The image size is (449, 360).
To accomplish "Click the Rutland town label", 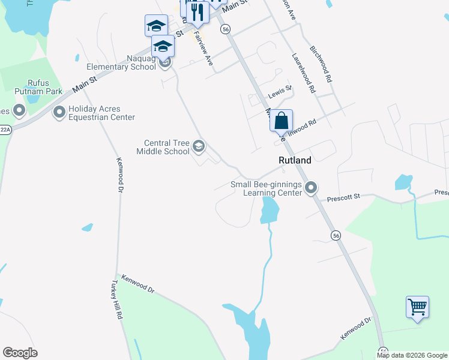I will [295, 160].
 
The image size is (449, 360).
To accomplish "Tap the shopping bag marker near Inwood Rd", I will [281, 121].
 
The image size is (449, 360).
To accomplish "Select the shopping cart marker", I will [417, 308].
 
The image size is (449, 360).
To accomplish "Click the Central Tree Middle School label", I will [166, 147].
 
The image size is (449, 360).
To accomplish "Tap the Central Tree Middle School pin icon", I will [198, 146].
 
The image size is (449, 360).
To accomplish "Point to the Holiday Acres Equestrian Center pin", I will [59, 112].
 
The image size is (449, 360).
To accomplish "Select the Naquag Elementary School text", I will [122, 62].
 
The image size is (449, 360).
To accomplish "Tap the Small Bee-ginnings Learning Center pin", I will [311, 188].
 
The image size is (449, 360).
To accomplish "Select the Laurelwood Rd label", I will [303, 73].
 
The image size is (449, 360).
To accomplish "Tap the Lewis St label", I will [279, 92].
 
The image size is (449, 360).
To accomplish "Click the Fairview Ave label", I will [204, 49].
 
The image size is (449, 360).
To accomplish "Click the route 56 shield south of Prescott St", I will [336, 236].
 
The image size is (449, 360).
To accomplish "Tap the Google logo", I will [20, 353].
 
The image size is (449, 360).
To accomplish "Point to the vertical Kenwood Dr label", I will [119, 175].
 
